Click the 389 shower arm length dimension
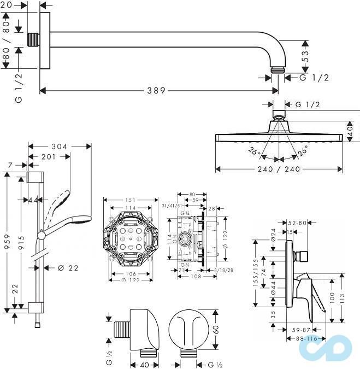[156, 91]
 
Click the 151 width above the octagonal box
[129, 200]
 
